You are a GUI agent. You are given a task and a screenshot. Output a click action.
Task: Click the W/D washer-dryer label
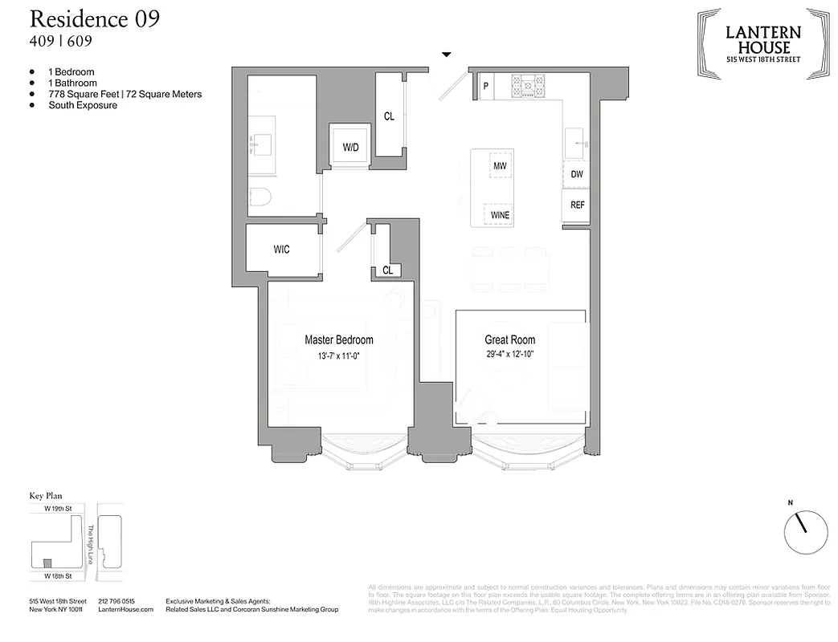[350, 148]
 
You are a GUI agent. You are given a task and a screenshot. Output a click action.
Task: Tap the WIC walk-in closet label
[281, 250]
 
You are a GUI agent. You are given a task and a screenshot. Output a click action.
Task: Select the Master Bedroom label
[338, 339]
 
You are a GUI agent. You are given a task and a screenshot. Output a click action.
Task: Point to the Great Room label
[509, 339]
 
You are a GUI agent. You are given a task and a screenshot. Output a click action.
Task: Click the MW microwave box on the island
[500, 165]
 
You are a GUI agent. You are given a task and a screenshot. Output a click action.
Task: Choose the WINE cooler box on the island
[500, 215]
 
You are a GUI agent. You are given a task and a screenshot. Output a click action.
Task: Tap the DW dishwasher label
[577, 174]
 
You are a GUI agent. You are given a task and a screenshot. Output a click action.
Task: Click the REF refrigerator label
[577, 205]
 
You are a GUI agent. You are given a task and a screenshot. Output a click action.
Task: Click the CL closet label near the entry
[389, 116]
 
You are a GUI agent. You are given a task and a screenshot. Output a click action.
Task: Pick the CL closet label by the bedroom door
[387, 270]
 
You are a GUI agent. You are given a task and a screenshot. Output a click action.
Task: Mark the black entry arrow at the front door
[447, 55]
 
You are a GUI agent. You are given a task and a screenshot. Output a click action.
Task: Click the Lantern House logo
[762, 43]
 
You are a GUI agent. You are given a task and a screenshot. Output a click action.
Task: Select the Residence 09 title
[94, 19]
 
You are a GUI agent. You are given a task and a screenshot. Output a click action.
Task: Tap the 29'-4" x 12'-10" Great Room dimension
[509, 354]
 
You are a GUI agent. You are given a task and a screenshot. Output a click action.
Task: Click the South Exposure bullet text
[83, 105]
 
